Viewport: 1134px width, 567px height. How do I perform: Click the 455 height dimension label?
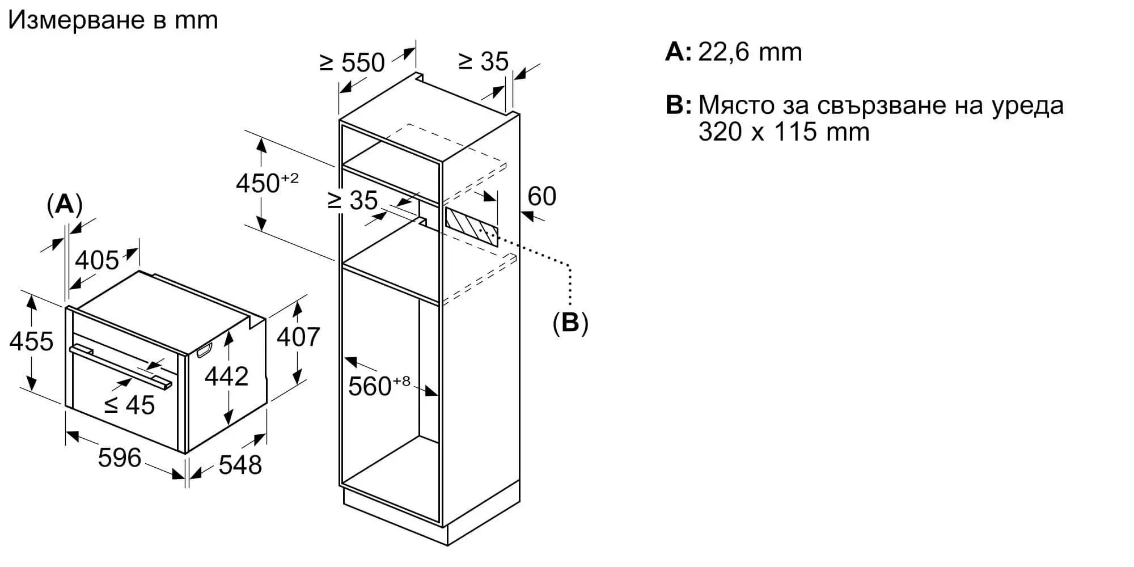tap(32, 341)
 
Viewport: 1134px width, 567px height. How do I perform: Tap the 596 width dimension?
tap(119, 458)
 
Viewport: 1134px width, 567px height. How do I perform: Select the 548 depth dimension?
tap(240, 465)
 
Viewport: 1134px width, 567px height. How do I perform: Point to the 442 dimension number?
tap(227, 376)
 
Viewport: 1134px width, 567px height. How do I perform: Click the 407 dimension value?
tap(298, 337)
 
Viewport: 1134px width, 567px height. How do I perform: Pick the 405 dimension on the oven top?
tap(98, 260)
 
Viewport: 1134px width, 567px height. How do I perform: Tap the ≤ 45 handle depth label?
tap(130, 405)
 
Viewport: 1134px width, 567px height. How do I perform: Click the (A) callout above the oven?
tap(65, 204)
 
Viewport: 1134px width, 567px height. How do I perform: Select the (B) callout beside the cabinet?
tap(570, 322)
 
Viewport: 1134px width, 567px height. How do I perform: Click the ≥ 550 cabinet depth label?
tap(353, 62)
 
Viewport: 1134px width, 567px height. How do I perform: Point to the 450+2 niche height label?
tap(267, 183)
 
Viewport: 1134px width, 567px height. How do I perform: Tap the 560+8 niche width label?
tap(379, 386)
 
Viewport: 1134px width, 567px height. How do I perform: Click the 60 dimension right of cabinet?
tap(542, 196)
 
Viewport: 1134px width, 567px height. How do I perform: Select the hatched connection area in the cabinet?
tap(472, 226)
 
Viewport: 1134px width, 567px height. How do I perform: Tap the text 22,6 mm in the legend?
tap(750, 52)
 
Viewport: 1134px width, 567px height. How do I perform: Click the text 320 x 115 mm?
tap(784, 132)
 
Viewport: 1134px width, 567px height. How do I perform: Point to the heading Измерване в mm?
tap(113, 20)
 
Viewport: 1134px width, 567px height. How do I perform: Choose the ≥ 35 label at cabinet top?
tap(484, 61)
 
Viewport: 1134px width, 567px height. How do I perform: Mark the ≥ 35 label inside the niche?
tap(353, 200)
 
